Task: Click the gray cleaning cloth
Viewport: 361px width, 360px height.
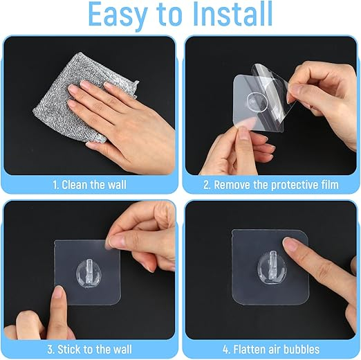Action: point(85,97)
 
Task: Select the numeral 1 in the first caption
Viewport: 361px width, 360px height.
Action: point(55,185)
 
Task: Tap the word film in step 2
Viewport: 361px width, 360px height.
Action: point(330,185)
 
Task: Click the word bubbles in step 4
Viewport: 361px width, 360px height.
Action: point(302,350)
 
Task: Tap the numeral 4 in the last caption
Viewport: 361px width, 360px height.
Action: point(225,350)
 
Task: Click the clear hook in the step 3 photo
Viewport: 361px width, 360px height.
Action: point(88,273)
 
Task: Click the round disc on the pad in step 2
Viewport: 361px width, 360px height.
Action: point(257,101)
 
